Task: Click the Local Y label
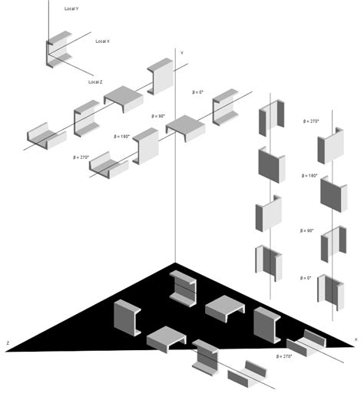tap(71, 8)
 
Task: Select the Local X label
tap(102, 41)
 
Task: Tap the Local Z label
tap(95, 81)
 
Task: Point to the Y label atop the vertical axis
tap(181, 52)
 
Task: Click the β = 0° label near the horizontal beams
tap(199, 92)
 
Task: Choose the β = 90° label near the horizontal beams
tap(159, 115)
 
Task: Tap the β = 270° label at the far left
tap(80, 157)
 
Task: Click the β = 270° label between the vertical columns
tap(311, 121)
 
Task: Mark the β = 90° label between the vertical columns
tap(306, 230)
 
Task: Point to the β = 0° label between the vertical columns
tap(305, 277)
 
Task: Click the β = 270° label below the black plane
tap(283, 356)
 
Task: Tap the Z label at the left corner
tap(8, 342)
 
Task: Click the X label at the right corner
tap(355, 339)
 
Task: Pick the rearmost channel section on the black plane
tap(184, 287)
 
